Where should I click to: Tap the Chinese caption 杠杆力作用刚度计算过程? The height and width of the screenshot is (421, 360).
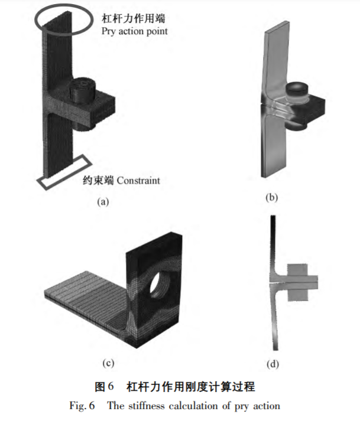(x=191, y=387)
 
